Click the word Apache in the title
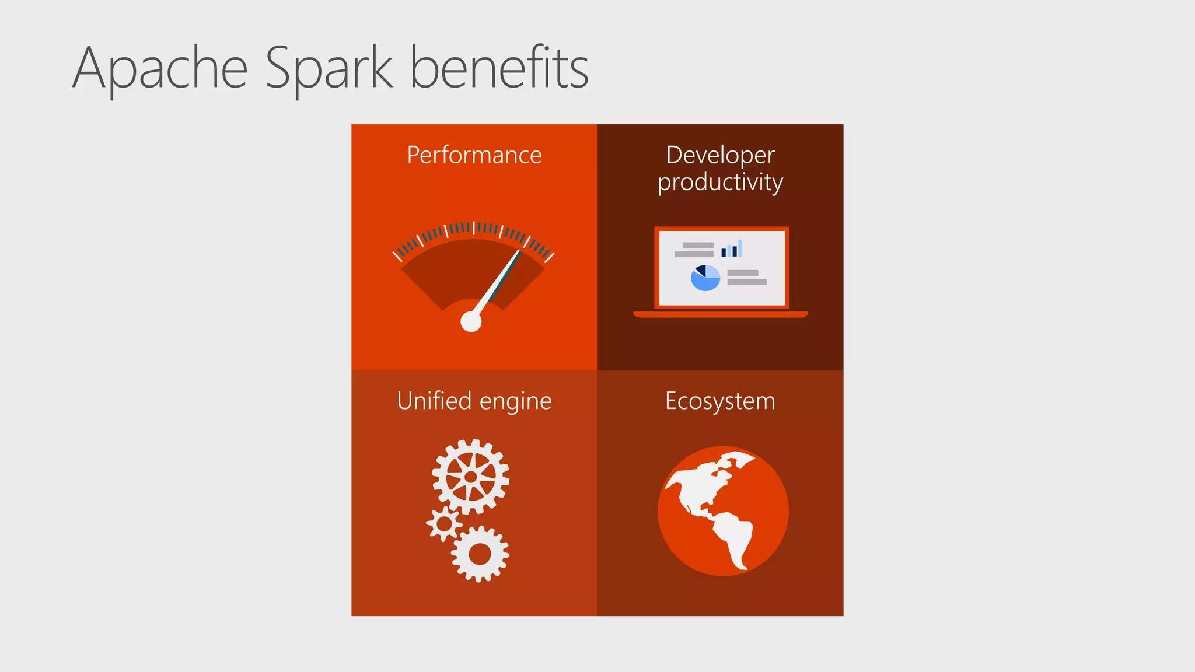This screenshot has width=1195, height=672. point(160,69)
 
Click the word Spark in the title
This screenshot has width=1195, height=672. point(329,69)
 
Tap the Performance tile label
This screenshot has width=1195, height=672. point(474,155)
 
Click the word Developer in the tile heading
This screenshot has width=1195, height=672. point(720,155)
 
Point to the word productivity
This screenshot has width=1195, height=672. point(720,183)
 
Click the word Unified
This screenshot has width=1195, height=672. point(434,401)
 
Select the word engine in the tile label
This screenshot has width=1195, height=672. point(515,402)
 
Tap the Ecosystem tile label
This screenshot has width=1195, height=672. point(720,401)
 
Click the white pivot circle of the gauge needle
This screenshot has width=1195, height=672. point(471,321)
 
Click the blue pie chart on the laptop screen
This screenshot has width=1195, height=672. point(705,278)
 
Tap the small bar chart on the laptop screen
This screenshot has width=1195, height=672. point(732,249)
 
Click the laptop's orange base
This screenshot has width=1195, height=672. point(720,314)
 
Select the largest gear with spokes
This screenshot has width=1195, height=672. point(470,477)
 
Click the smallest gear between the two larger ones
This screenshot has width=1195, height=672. point(444,523)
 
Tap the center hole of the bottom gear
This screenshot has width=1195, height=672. point(480,554)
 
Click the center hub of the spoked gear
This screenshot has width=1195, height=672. point(470,477)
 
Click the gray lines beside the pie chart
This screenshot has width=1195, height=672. point(746,278)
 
